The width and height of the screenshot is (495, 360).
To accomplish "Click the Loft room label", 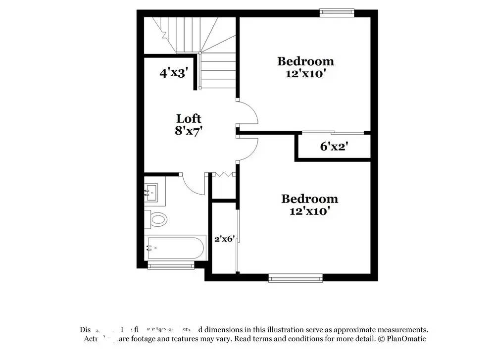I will point(189,119).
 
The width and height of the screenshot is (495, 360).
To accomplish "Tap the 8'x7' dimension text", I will point(189,131).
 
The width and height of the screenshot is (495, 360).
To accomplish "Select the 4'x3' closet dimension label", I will point(174,73).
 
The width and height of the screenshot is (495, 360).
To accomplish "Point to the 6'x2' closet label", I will point(335,146).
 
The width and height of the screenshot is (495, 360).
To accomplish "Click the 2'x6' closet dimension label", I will point(224,239).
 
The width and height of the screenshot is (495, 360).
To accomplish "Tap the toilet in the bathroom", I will point(157,219).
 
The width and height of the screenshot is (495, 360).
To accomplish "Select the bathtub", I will point(175,247).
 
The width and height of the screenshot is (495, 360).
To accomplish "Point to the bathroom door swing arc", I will point(192,186).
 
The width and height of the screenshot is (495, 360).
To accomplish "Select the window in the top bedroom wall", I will point(337,12).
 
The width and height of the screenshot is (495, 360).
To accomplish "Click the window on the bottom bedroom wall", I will point(295,278).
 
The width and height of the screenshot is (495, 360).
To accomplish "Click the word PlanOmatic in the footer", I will point(407,339).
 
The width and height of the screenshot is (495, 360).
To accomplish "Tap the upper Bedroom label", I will point(305,61).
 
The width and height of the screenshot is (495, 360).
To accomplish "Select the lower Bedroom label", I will point(309,199).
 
